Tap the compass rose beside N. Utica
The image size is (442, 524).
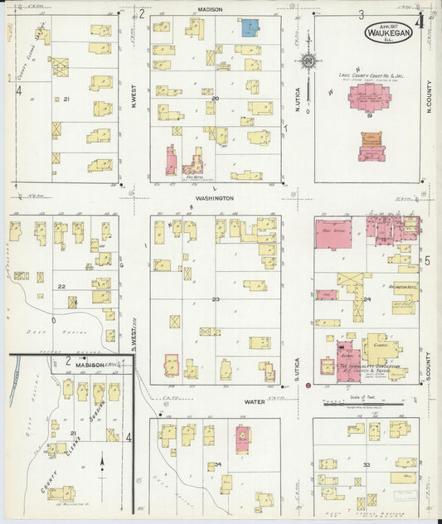308,61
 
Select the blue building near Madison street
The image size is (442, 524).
249,27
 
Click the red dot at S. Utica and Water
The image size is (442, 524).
308,385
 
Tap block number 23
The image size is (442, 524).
216,298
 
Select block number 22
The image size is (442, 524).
61,286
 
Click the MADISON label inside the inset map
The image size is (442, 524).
90,365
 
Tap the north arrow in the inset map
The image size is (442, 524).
102,463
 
